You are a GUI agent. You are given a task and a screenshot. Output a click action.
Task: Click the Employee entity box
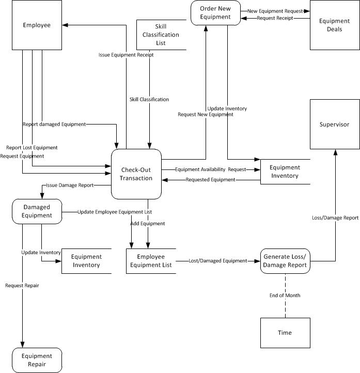click(37, 25)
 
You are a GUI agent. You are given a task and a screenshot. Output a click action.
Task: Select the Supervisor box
click(334, 124)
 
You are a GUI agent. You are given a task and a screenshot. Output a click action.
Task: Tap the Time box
click(285, 333)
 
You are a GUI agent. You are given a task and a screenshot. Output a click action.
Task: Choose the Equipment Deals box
click(334, 25)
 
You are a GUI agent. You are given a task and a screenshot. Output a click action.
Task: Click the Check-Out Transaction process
click(136, 174)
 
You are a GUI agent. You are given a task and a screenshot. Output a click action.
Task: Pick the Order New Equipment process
click(215, 13)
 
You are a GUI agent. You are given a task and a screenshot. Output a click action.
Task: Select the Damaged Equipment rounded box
click(37, 211)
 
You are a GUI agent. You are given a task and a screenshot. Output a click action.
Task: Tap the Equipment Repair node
click(37, 360)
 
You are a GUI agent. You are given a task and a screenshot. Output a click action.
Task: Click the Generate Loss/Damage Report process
click(285, 261)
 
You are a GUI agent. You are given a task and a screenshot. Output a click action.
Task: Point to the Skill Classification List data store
click(161, 35)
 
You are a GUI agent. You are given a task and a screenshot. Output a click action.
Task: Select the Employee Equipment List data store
click(151, 261)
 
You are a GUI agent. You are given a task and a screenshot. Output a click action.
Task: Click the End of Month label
click(285, 296)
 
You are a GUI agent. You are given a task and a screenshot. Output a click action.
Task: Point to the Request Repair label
click(22, 285)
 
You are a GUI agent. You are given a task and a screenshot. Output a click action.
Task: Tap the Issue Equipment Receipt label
click(126, 55)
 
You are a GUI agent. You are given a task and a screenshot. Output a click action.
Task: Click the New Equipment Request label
click(274, 10)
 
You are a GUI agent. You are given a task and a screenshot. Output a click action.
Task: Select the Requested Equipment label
click(210, 180)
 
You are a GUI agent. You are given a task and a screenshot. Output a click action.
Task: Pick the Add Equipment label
click(148, 224)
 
